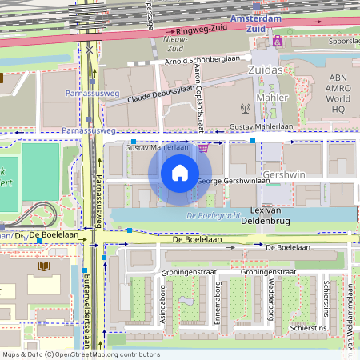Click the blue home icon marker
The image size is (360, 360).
pyautogui.click(x=180, y=173)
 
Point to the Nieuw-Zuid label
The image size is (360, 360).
pyautogui.click(x=174, y=42)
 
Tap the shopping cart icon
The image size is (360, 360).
pyautogui.click(x=203, y=146)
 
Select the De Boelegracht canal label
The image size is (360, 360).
pyautogui.click(x=214, y=217)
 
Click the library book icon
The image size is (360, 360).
pyautogui.click(x=42, y=265)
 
